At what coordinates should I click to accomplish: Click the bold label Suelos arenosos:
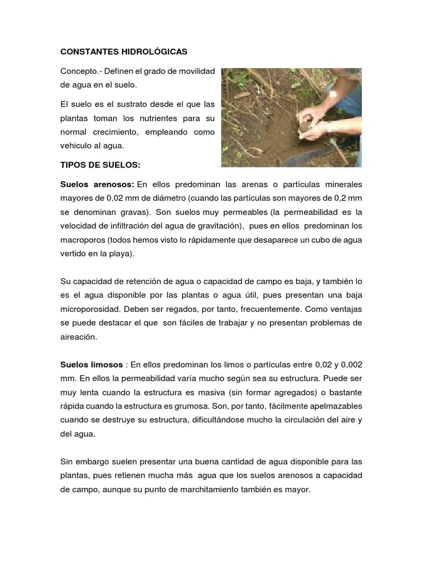click(97, 183)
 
